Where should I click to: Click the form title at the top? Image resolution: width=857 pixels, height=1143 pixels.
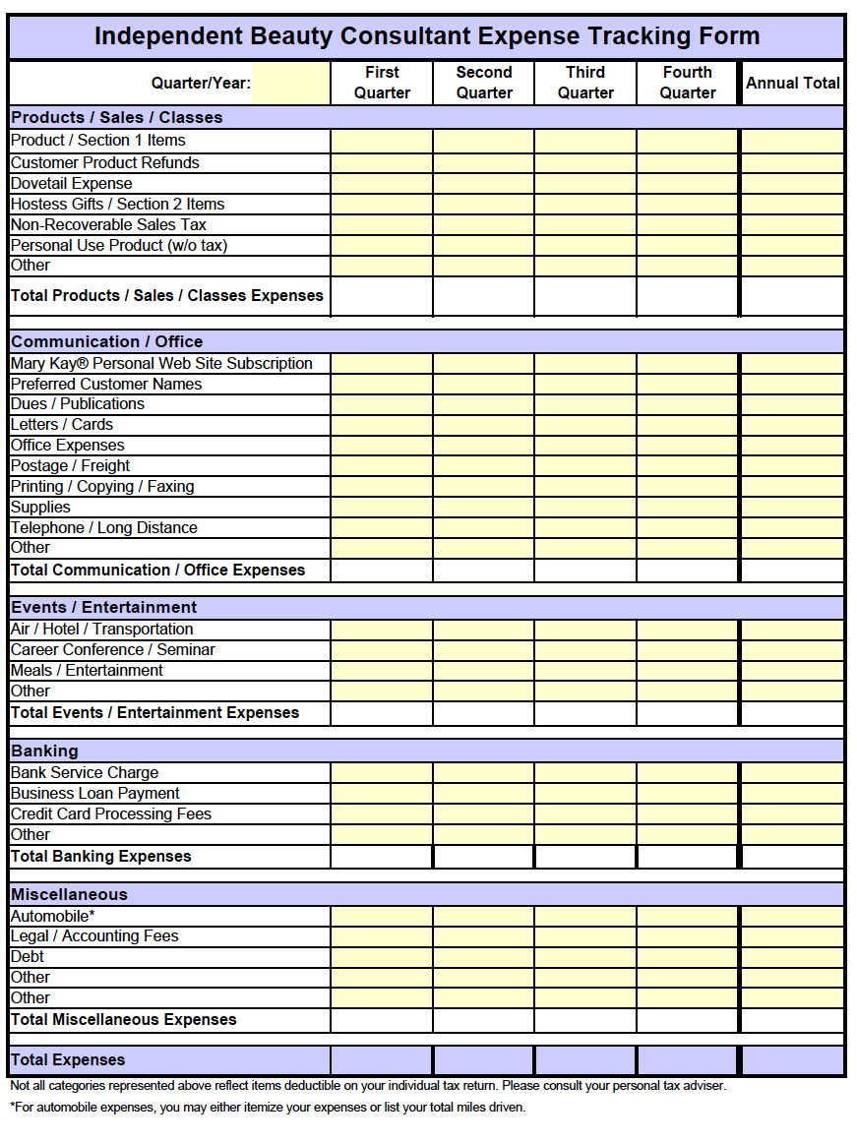(427, 37)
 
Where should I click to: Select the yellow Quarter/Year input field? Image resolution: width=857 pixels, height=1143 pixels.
(291, 83)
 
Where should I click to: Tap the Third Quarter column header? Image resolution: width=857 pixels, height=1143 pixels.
(585, 83)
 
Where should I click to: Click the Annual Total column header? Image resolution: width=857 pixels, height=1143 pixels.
(792, 83)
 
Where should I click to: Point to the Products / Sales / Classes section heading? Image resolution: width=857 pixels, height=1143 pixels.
(117, 118)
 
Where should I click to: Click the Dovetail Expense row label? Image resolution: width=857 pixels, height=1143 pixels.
(72, 184)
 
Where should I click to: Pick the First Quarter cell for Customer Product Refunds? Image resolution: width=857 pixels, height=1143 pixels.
(382, 163)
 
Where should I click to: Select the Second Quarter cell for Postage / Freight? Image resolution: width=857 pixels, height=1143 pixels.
(484, 466)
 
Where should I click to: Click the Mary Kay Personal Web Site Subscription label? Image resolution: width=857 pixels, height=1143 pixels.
(162, 364)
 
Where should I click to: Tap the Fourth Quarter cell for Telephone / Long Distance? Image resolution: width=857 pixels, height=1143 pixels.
(688, 528)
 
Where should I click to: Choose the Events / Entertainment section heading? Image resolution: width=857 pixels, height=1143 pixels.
(104, 608)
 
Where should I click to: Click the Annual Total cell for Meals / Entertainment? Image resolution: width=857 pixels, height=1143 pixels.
(792, 671)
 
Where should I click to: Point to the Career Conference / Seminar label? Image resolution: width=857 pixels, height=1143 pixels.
(113, 650)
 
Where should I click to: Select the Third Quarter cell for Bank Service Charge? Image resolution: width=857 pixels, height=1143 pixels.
(585, 773)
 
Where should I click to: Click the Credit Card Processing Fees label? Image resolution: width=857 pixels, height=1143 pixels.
(111, 814)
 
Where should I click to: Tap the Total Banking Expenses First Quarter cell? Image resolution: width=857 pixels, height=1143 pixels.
(382, 857)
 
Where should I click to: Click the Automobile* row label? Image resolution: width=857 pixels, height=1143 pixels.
(53, 917)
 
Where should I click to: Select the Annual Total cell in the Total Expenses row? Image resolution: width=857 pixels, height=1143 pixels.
(792, 1060)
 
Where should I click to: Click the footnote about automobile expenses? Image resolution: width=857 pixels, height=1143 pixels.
(269, 1108)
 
